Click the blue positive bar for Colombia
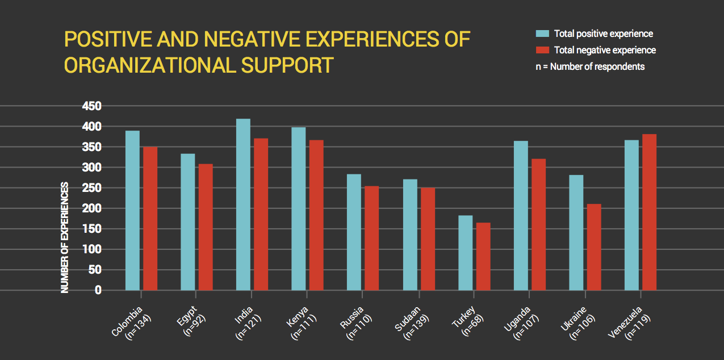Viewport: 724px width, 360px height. (132, 210)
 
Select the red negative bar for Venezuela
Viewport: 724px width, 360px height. (649, 212)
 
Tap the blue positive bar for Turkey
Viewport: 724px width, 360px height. (466, 253)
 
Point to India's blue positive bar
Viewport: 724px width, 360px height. (243, 204)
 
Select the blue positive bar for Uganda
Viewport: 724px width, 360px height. (521, 216)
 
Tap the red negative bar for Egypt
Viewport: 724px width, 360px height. (206, 227)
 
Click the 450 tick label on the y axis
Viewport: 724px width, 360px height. (91, 106)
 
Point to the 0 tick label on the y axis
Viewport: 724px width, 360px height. (98, 290)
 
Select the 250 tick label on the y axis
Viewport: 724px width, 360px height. (91, 188)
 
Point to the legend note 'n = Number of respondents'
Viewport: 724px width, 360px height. (590, 66)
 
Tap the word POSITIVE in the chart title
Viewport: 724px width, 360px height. (106, 39)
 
